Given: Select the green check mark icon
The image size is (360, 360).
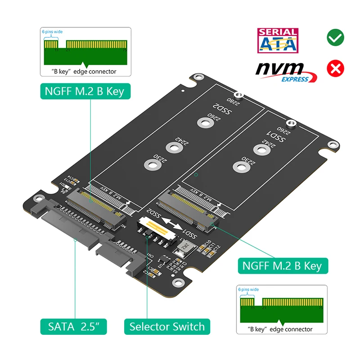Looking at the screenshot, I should [335, 37].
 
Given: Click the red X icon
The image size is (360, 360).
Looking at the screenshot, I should [335, 68].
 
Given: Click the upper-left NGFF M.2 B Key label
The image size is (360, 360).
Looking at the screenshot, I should [84, 91].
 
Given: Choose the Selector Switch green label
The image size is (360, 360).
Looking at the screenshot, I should [167, 326].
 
